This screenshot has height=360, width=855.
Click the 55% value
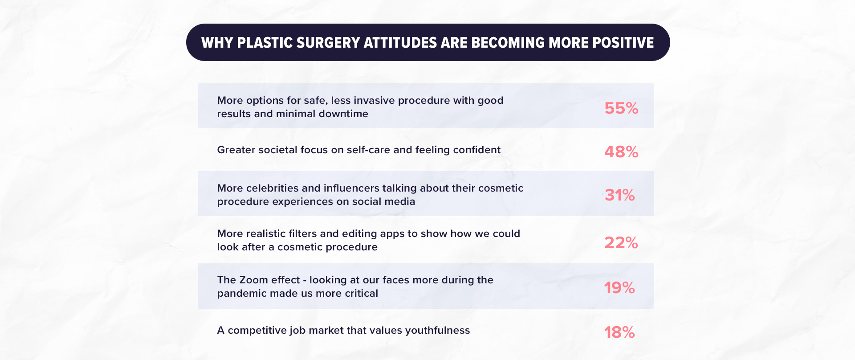[x=621, y=108]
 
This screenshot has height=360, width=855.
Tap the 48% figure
[x=621, y=152]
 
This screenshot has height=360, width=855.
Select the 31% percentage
[x=620, y=195]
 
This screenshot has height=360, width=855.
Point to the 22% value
[x=621, y=243]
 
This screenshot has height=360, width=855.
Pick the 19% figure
[x=619, y=288]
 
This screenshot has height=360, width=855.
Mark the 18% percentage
[x=619, y=332]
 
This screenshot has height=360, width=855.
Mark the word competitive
[x=257, y=331]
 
